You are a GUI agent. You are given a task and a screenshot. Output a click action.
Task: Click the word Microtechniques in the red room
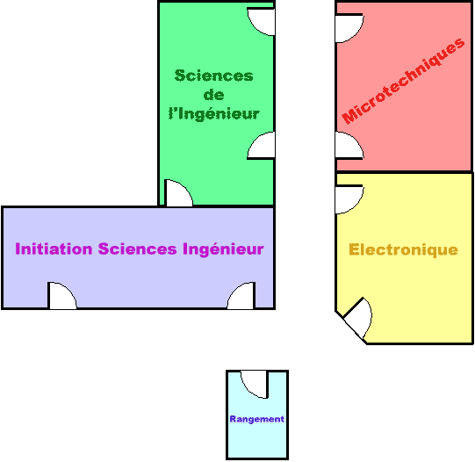pos(403,81)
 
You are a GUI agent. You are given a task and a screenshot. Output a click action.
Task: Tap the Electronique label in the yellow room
pos(403,250)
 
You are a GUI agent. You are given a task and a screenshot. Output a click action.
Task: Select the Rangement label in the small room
pos(257,419)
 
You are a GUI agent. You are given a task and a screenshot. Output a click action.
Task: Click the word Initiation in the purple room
pos(54,249)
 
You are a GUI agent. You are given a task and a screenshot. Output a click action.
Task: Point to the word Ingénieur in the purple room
pos(223,249)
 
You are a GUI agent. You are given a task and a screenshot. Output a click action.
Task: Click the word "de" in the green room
pos(214,95)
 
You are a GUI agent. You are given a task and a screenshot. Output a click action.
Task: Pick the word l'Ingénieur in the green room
pos(214,114)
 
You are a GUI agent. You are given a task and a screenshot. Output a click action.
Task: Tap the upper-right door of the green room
pos(261,21)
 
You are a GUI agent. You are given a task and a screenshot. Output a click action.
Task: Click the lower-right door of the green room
pos(261,146)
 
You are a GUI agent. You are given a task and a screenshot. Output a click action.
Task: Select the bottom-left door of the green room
pos(178,193)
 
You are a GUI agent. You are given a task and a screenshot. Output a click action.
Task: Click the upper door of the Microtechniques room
pos(349,28)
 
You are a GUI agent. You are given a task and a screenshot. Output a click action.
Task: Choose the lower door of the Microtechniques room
pos(349,146)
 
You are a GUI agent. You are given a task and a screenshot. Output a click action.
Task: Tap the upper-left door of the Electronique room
pos(349,199)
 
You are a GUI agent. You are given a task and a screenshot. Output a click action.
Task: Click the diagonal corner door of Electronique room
pos(358,318)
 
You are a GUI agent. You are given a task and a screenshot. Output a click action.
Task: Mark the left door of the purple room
pos(62,296)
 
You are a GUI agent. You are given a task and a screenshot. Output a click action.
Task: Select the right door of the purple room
pos(241,296)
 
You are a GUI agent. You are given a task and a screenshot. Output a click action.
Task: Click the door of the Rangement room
pos(255,384)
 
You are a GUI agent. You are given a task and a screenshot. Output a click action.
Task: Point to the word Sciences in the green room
pos(214,76)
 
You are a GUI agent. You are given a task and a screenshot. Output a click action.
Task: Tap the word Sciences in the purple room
pos(137,249)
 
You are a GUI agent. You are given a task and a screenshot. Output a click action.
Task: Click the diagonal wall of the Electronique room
pos(351,328)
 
